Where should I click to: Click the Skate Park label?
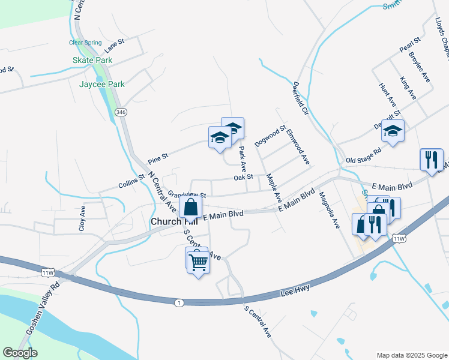tap(92, 61)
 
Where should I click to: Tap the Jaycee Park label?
tap(102, 84)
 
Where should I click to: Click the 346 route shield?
tap(121, 112)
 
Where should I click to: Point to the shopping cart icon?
tap(198, 262)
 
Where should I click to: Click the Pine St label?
tap(158, 160)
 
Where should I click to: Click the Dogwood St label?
tap(270, 136)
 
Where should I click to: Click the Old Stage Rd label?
tap(364, 156)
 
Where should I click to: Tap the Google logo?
tap(20, 353)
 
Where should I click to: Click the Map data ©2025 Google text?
tap(411, 355)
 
